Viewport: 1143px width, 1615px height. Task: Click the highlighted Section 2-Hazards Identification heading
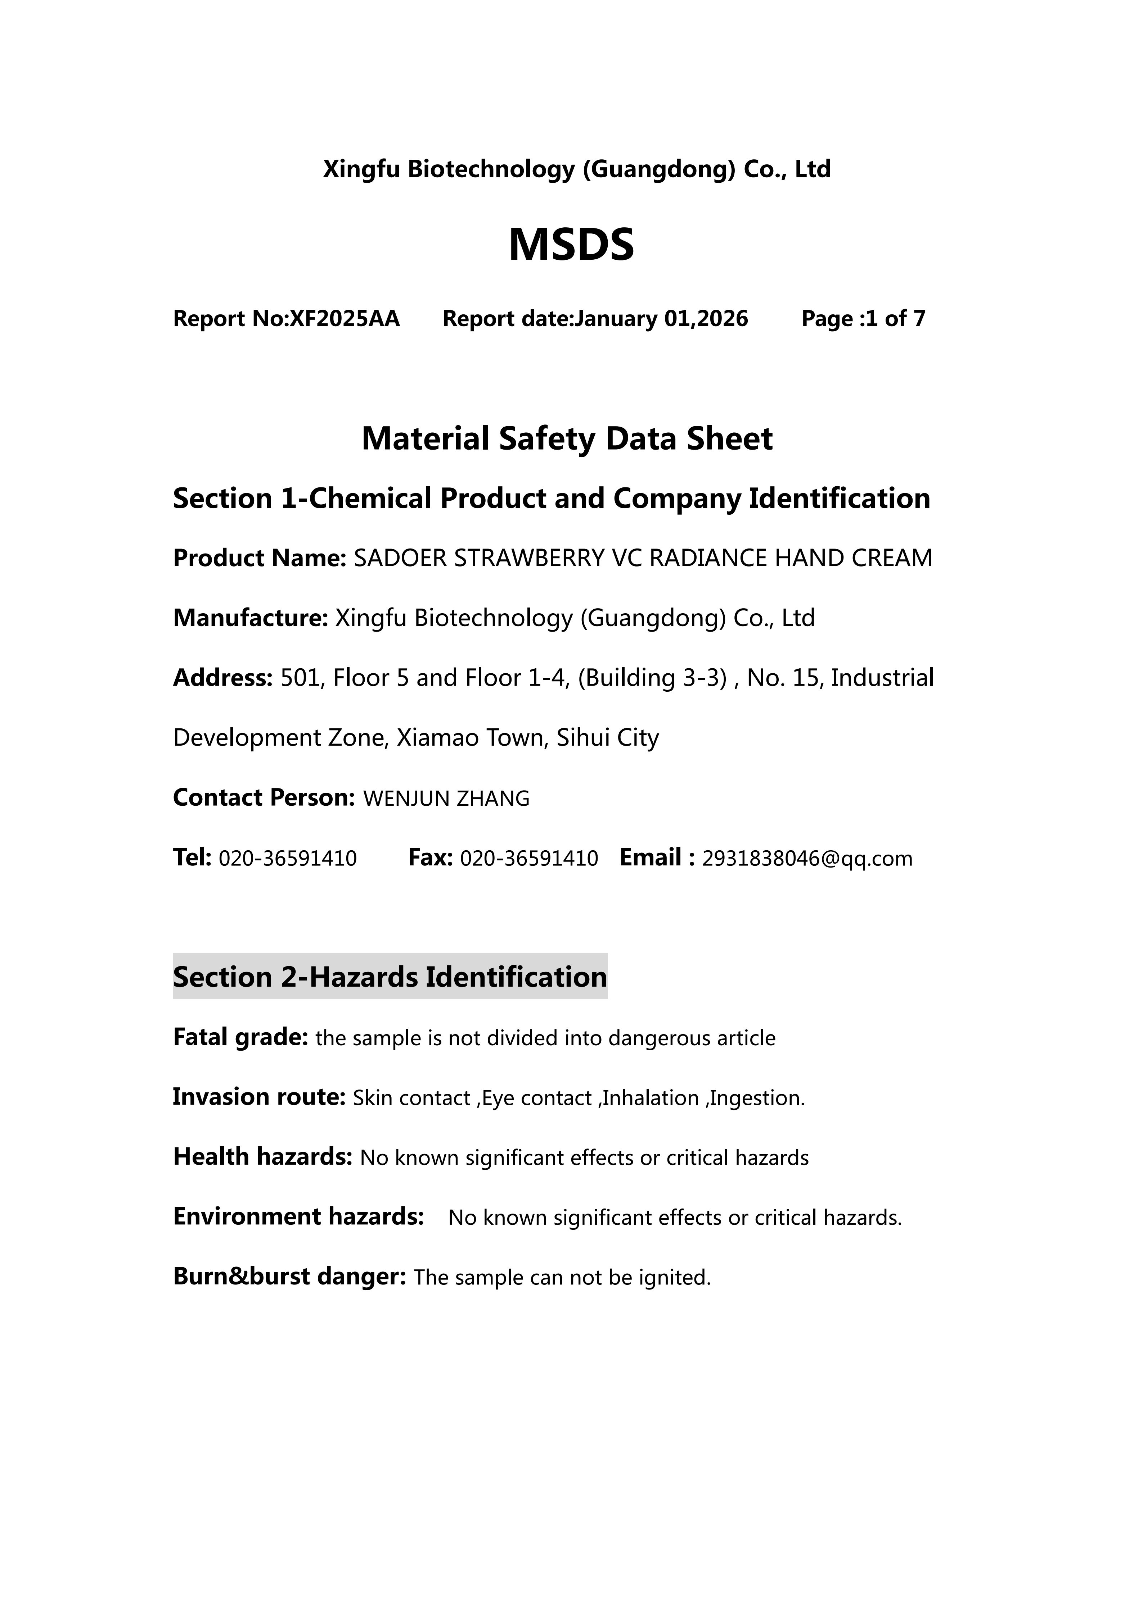click(x=390, y=977)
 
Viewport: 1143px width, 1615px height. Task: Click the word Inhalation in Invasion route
click(x=650, y=1098)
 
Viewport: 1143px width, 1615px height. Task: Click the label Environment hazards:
click(x=298, y=1217)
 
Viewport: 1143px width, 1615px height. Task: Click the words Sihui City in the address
click(x=607, y=738)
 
